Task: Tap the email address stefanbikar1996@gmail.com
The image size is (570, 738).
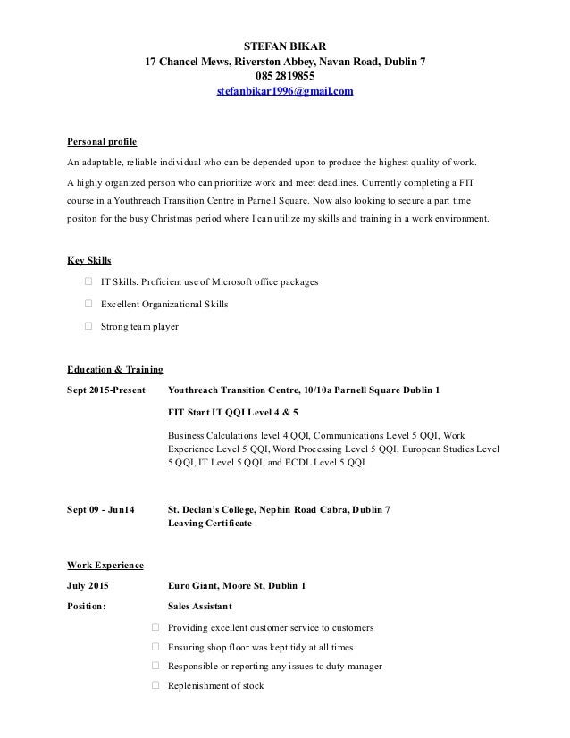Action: pos(286,92)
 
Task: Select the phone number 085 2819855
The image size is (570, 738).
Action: pos(286,77)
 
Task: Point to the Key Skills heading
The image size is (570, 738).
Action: pos(89,261)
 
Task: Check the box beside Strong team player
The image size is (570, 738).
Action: pos(88,327)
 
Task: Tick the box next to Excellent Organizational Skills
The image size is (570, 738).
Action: pos(88,305)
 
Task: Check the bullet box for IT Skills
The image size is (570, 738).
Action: pos(88,282)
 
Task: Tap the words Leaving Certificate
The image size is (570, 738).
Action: pos(210,524)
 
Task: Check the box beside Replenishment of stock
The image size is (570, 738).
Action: pos(156,686)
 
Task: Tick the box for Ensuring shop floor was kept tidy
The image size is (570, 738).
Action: pos(156,647)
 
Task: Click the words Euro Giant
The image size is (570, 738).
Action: pos(194,586)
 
